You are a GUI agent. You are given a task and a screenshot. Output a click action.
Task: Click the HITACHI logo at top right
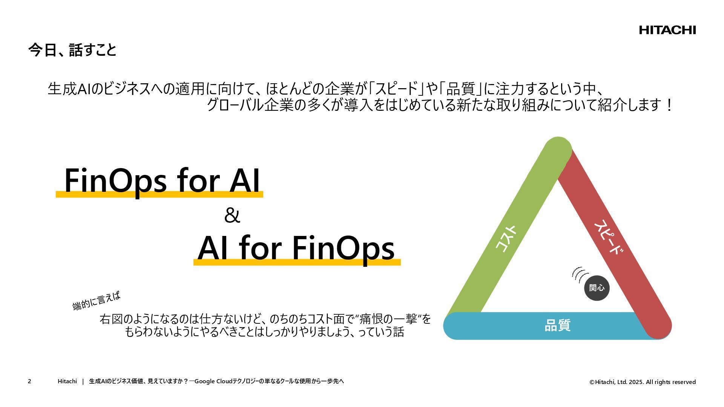click(x=667, y=30)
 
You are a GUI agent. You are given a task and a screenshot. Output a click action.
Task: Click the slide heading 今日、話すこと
click(x=72, y=50)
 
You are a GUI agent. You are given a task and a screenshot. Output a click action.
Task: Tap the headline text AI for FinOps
click(x=296, y=248)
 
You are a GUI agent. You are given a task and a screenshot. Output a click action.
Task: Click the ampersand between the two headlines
click(x=232, y=216)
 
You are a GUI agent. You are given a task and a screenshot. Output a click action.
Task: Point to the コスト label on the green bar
click(x=505, y=239)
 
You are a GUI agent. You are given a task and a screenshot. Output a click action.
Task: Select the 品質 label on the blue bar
click(x=557, y=325)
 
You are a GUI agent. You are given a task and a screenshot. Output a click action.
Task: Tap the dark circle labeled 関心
click(x=597, y=288)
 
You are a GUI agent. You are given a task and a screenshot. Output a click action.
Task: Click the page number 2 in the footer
click(x=29, y=381)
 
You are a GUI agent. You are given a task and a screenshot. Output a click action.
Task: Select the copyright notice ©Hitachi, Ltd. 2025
click(x=643, y=382)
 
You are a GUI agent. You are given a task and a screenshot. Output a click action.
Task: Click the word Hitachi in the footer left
click(x=67, y=381)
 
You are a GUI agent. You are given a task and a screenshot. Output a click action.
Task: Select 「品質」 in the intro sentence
click(x=460, y=89)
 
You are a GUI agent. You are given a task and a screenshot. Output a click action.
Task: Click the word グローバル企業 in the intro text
click(x=250, y=105)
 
